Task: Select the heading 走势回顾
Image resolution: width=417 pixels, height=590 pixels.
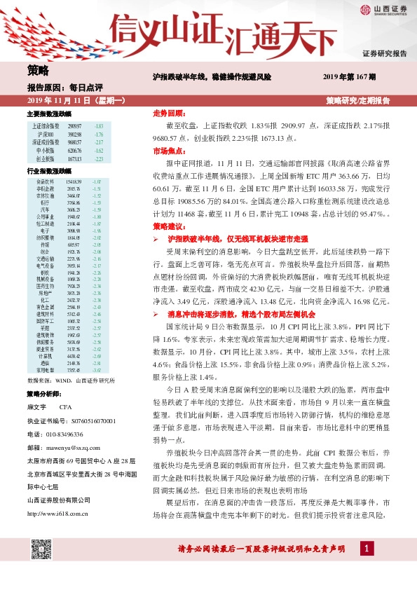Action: click(168, 113)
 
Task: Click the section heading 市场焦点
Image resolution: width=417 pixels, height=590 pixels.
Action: click(168, 151)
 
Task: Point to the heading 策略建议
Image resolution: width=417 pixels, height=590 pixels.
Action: click(168, 227)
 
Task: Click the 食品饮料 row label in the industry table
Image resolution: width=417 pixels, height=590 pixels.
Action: click(43, 181)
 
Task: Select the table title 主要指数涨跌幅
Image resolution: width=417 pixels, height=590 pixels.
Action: click(49, 114)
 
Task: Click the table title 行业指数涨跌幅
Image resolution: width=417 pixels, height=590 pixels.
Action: click(49, 170)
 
